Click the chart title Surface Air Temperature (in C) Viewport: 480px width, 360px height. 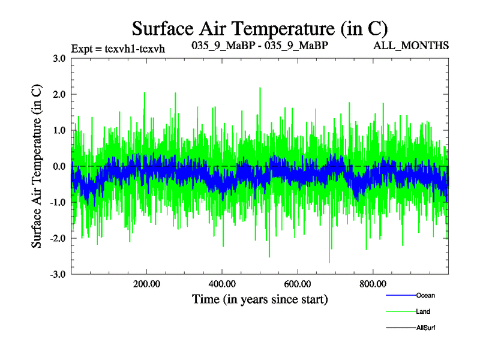click(x=260, y=28)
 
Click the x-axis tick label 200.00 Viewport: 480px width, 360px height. click(x=146, y=284)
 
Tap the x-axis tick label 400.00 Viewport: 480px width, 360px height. click(x=222, y=284)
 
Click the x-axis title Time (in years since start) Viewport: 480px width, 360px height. click(x=260, y=299)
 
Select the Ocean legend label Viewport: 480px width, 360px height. click(x=425, y=295)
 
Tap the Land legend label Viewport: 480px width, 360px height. click(x=423, y=311)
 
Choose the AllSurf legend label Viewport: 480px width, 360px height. click(x=425, y=328)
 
